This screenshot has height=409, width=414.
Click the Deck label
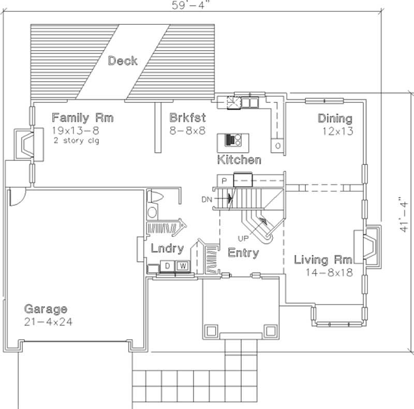(x=123, y=61)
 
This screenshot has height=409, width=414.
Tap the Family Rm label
(x=83, y=117)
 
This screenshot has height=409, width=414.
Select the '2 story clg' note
(x=76, y=140)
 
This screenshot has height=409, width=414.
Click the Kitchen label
(x=239, y=159)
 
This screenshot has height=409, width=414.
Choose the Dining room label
(x=335, y=118)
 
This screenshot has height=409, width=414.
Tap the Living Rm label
(x=323, y=260)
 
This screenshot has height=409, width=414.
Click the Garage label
(x=46, y=309)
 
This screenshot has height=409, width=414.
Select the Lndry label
(x=167, y=249)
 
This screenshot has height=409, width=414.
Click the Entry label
(x=243, y=253)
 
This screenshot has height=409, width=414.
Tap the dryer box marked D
(x=168, y=266)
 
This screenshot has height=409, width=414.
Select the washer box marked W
(x=183, y=266)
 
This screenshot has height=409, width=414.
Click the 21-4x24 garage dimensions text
(x=48, y=322)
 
